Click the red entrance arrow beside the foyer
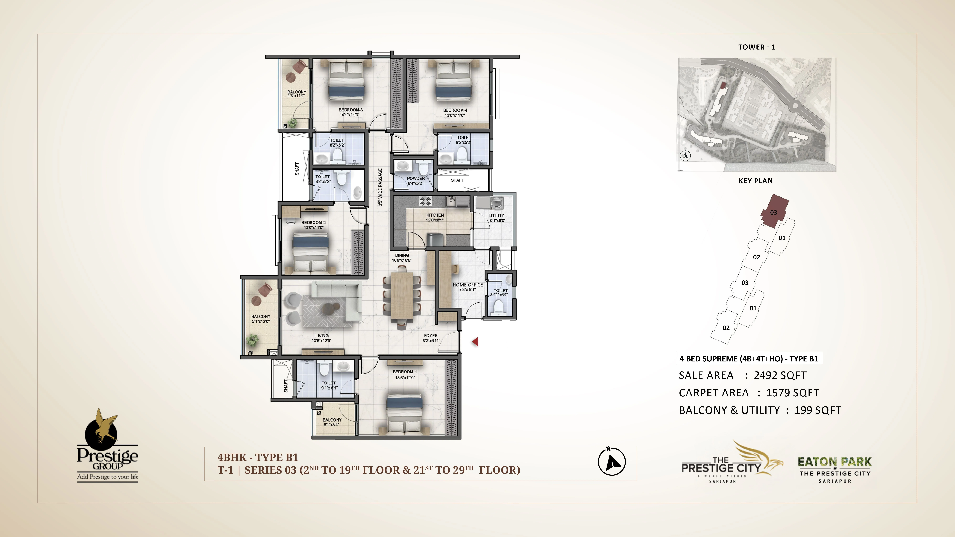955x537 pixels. pyautogui.click(x=475, y=342)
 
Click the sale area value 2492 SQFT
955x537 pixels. pyautogui.click(x=780, y=375)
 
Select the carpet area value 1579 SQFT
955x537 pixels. pyautogui.click(x=793, y=393)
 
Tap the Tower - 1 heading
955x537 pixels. pyautogui.click(x=756, y=47)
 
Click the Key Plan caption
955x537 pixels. pyautogui.click(x=756, y=181)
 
